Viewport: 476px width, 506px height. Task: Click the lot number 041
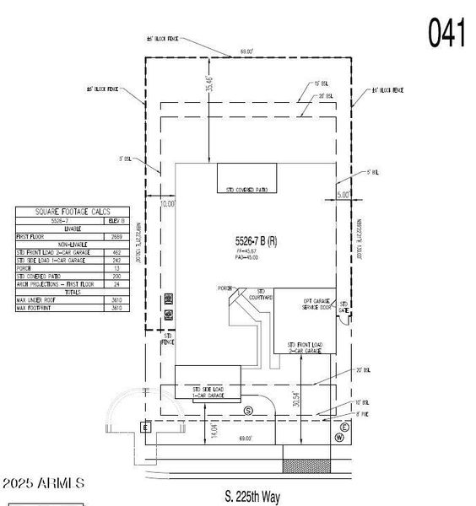coord(446,33)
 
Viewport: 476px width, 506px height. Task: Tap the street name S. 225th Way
coord(252,497)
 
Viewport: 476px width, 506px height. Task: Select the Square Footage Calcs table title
coord(73,212)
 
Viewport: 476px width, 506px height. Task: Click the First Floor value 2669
coord(116,237)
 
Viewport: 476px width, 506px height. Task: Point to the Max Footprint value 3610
coord(116,308)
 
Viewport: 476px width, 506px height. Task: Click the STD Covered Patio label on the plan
coord(248,190)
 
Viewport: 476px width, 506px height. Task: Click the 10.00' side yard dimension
coord(166,203)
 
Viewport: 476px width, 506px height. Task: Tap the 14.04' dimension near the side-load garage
coord(215,432)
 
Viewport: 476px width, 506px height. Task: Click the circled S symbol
coord(248,410)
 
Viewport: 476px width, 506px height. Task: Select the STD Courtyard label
coord(261,295)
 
